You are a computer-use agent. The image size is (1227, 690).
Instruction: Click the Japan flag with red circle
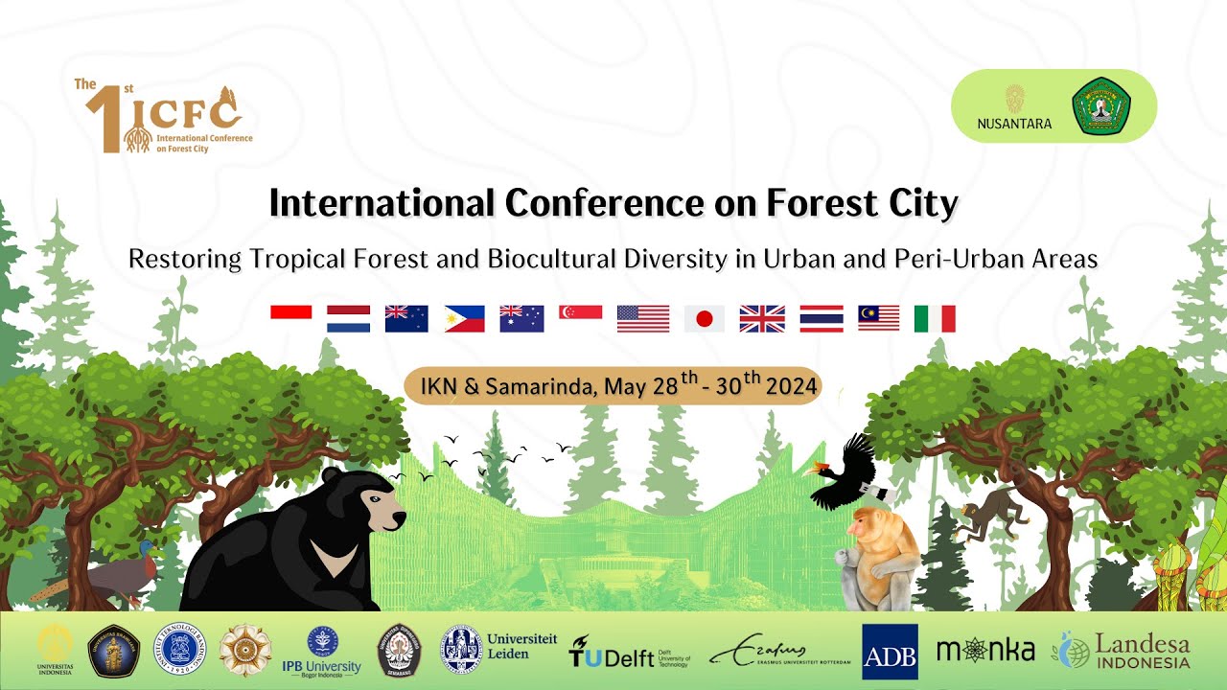coord(704,319)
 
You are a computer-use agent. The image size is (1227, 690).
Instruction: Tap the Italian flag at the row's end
coord(935,319)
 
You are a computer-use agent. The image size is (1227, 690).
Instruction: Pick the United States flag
coord(642,319)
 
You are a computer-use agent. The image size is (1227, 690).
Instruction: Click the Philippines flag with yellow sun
coord(464,319)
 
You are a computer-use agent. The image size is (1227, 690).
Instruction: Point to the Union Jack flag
coord(762,319)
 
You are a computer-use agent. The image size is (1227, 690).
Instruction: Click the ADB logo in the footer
coord(890,652)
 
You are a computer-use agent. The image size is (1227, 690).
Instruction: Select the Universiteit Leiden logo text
coord(521,646)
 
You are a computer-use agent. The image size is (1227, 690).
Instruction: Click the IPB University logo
coord(322,651)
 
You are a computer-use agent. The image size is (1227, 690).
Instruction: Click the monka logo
coord(985,651)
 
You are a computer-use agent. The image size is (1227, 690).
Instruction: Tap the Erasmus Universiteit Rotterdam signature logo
coord(779,654)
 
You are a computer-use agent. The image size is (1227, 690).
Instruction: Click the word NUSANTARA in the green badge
coord(1014,124)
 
